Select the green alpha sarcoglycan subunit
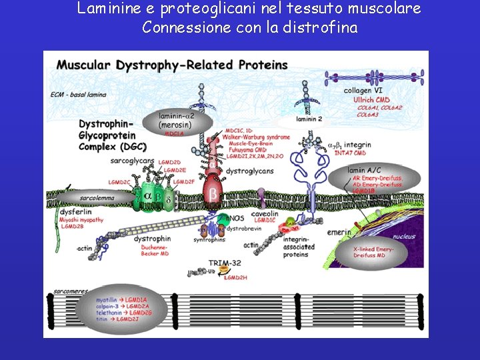click(148, 197)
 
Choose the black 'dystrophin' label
click(153, 239)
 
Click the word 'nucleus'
click(403, 237)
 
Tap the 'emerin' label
click(338, 232)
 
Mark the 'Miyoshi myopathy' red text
click(81, 219)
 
